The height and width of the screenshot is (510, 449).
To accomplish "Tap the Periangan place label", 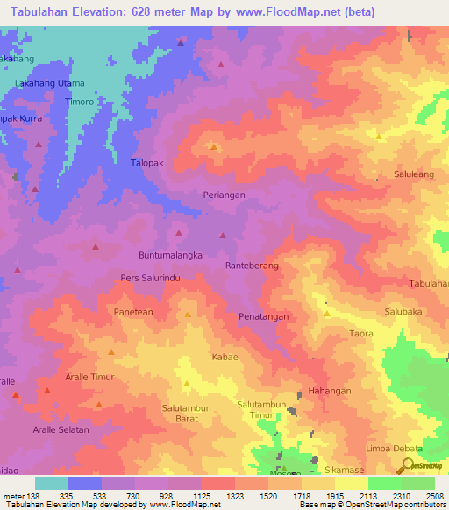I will [x=224, y=195].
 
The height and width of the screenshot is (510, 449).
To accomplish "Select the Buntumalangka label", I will [x=171, y=254].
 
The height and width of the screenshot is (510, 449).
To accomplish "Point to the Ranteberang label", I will [x=252, y=265].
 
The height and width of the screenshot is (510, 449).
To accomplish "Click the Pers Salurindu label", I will [x=150, y=278].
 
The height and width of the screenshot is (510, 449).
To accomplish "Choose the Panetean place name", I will [x=133, y=312].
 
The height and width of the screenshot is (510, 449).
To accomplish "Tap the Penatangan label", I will [x=264, y=316].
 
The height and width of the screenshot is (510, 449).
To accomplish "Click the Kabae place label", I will [x=224, y=358].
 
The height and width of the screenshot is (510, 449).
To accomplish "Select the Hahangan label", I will [x=330, y=391].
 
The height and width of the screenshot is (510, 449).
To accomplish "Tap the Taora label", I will [x=360, y=334].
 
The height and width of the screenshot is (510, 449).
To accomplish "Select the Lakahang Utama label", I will [x=50, y=83].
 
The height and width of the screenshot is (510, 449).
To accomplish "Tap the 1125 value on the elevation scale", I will [x=228, y=495].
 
